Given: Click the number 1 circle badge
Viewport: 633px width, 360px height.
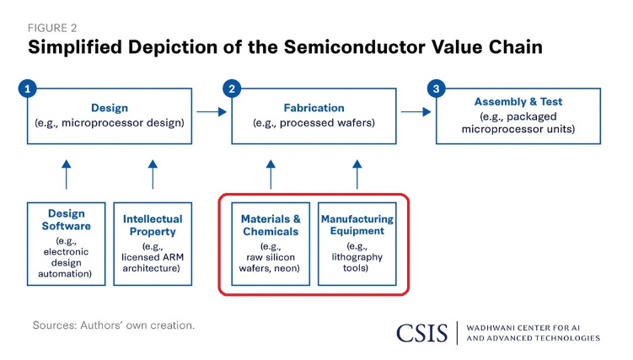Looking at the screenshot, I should [x=28, y=88].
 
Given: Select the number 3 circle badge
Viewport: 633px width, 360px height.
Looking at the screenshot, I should [x=435, y=88].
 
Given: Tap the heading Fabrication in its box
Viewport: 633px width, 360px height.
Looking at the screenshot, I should [x=314, y=108].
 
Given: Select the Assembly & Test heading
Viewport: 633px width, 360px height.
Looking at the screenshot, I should [x=518, y=102].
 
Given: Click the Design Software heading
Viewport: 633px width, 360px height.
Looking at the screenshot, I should [x=67, y=220].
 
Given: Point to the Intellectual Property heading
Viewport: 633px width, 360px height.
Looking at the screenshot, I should [x=153, y=224].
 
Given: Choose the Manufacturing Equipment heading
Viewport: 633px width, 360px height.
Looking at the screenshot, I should [x=357, y=224].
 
